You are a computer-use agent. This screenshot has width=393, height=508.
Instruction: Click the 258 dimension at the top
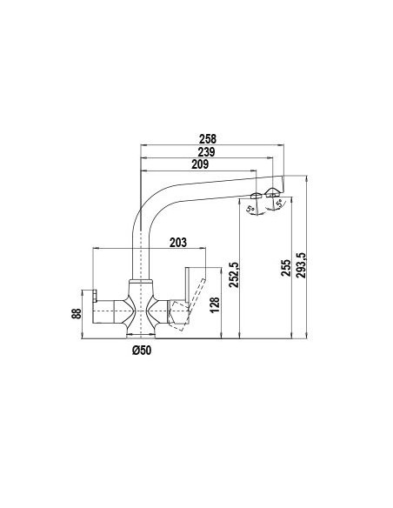pos(208,138)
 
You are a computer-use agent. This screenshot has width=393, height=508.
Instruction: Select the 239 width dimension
pos(207,151)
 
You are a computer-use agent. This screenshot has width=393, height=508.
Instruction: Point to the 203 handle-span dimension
pos(178,243)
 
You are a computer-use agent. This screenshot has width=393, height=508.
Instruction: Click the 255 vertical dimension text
pos(286,267)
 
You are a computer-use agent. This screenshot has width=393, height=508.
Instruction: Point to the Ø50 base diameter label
pos(142,350)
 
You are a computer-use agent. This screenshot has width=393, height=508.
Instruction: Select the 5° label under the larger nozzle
pos(279,205)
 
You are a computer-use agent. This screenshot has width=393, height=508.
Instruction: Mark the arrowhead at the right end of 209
pos(256,172)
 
